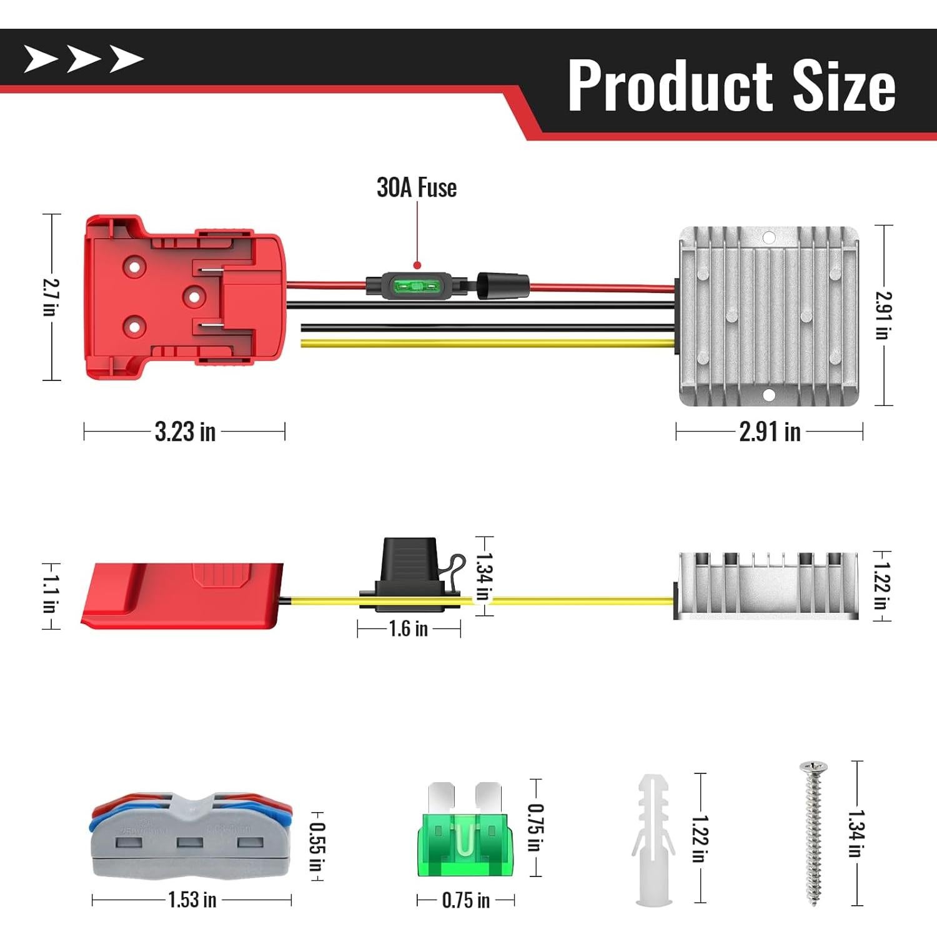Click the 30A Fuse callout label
coord(417,187)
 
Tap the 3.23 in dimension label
coord(185,432)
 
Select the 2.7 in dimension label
coord(51,297)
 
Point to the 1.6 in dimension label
coord(409,628)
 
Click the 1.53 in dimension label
coord(192,900)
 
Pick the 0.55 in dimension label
coord(317,846)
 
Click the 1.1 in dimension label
coord(50,595)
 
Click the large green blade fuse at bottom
coord(465,829)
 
